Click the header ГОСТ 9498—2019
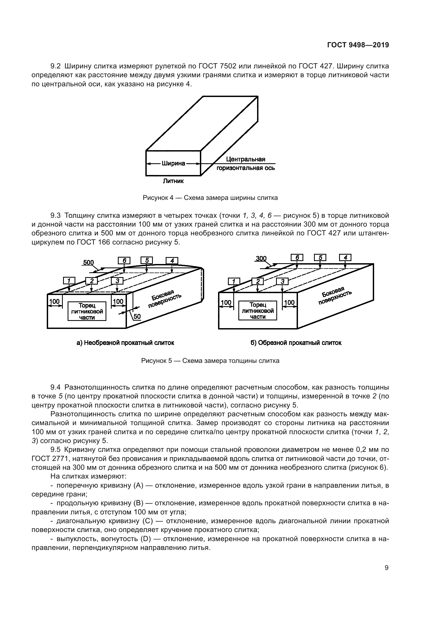tap(358, 45)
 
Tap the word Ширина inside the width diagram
tap(173, 164)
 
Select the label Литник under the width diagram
tap(173, 181)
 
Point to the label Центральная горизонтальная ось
tap(246, 164)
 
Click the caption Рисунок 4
tap(210, 198)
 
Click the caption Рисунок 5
tap(210, 361)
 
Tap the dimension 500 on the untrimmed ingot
tap(88, 263)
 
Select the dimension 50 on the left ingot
tap(137, 316)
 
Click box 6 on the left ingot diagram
tap(124, 261)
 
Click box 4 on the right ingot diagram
tap(345, 258)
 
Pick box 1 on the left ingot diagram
tap(69, 281)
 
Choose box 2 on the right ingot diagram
tap(258, 281)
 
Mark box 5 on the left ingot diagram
tap(147, 261)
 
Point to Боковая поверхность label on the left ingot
tap(164, 299)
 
